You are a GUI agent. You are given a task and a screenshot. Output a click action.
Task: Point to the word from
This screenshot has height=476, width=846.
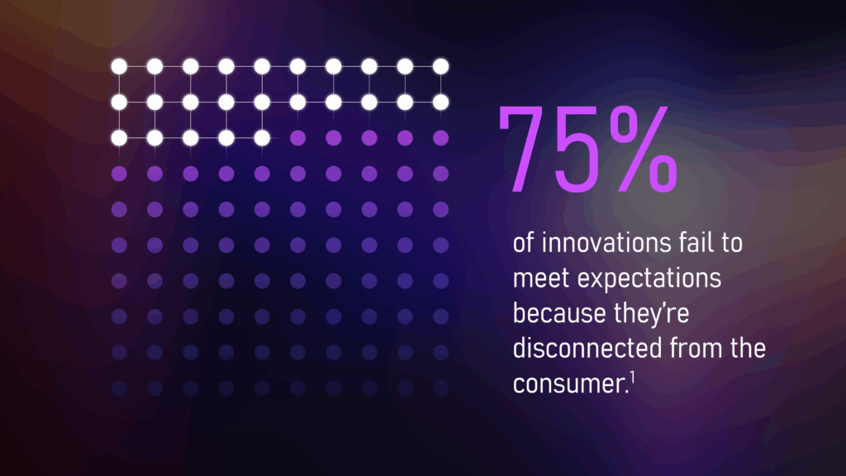point(692,349)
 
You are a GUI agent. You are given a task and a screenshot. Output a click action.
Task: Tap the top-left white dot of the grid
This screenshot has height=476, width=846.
point(118,66)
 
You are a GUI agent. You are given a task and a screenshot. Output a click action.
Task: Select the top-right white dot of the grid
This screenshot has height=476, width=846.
point(441,66)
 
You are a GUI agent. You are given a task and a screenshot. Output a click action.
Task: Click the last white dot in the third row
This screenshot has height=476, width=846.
point(262,137)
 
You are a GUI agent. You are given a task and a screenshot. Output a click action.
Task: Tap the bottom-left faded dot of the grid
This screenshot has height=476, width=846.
point(118,387)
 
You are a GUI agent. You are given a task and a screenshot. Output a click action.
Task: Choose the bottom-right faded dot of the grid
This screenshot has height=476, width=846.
point(441,387)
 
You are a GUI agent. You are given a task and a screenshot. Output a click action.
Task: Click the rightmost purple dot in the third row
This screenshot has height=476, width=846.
point(441,137)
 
